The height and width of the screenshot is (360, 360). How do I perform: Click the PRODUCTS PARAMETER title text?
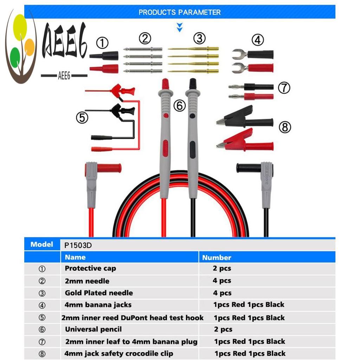point(180,12)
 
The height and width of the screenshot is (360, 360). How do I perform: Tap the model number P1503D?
point(78,245)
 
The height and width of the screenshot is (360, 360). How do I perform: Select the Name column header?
point(75,257)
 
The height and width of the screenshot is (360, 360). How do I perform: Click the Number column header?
point(217,258)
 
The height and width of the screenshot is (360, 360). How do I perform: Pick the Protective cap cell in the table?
point(90,268)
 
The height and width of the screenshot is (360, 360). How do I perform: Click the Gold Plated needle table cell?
point(99,293)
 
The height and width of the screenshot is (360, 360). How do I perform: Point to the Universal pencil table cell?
point(93,329)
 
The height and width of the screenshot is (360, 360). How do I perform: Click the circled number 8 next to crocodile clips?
point(285,127)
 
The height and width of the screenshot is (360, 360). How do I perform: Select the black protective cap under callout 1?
point(104,56)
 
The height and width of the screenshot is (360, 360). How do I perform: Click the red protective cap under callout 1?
point(104,69)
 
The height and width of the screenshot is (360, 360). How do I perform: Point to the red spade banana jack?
point(252,68)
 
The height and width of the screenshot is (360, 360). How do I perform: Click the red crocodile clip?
point(245,141)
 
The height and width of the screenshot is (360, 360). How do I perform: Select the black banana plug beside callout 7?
point(251,87)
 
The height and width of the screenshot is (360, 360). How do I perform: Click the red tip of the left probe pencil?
point(165,84)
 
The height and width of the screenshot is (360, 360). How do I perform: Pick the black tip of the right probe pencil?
point(193,84)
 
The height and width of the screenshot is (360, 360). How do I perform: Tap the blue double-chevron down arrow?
point(180,27)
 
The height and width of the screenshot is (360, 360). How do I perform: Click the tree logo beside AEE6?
point(21,47)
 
